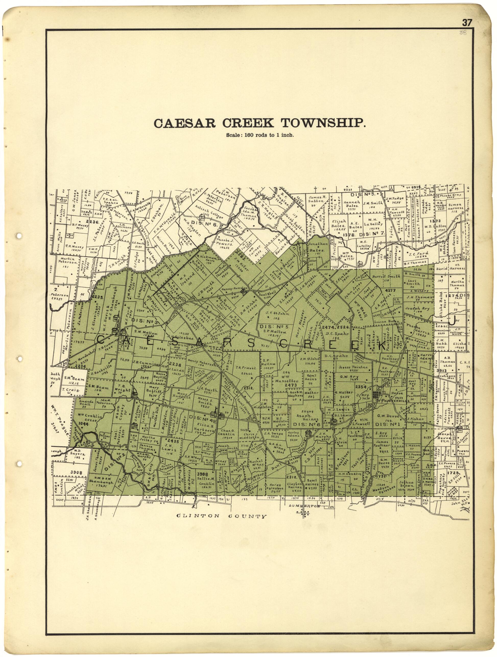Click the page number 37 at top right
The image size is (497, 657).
click(466, 23)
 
